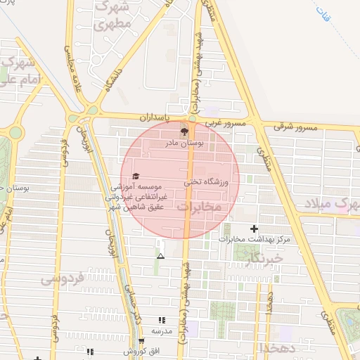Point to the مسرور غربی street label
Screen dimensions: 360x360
click(x=224, y=124)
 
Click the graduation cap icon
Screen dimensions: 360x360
click(x=136, y=176)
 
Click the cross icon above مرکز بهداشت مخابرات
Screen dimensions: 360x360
click(x=254, y=229)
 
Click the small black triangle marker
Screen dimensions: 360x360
click(x=160, y=256)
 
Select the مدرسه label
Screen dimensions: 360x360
click(x=162, y=330)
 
